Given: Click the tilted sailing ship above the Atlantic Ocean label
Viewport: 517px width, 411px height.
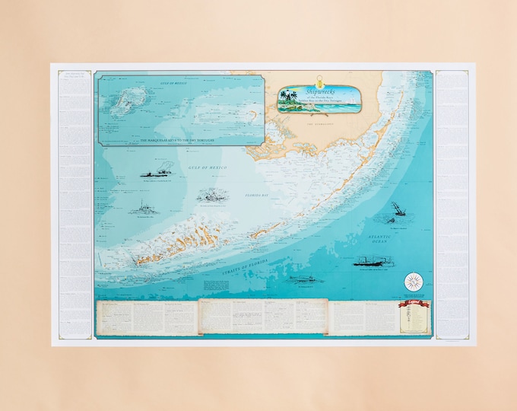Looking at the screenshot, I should coord(398,209).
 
